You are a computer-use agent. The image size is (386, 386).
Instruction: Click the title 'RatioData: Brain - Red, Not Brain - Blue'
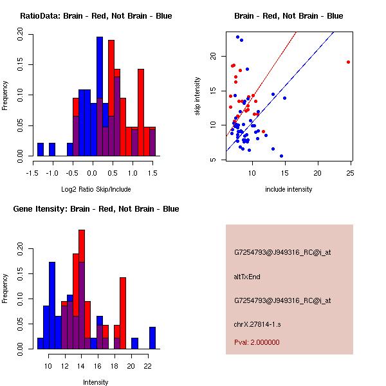[x=96, y=16]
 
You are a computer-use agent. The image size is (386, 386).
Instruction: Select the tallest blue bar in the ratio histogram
[x=100, y=96]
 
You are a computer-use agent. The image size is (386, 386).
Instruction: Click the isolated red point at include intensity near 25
[x=348, y=62]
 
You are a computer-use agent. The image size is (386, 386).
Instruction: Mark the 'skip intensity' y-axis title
[x=198, y=96]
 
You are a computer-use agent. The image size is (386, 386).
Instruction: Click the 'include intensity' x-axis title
[x=289, y=189]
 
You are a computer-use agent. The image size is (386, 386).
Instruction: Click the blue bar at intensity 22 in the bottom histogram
[x=152, y=338]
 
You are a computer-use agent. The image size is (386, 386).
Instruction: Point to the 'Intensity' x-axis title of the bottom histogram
[x=95, y=382]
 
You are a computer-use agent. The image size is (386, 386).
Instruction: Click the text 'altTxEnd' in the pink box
[x=247, y=277]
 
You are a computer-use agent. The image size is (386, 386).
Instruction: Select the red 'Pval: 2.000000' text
[x=257, y=342]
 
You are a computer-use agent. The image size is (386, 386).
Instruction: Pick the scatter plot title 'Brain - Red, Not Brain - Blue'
[x=288, y=16]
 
